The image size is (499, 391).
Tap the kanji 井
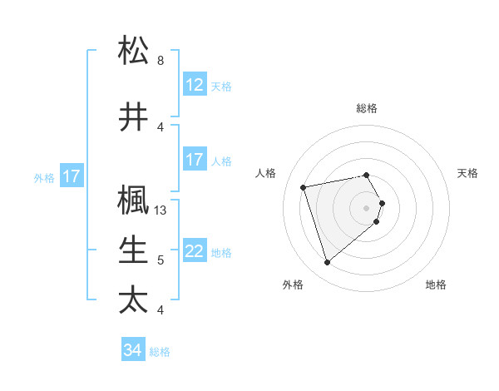(x=133, y=116)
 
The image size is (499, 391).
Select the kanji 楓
(x=133, y=200)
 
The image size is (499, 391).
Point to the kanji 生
(x=133, y=250)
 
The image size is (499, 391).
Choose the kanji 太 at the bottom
(x=133, y=299)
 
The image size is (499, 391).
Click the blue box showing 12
(x=194, y=84)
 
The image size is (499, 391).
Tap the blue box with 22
(x=194, y=251)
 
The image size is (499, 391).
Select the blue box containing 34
(x=132, y=350)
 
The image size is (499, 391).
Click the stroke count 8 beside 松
(x=161, y=61)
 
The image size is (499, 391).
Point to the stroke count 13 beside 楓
(x=162, y=210)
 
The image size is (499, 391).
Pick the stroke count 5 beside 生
(x=161, y=260)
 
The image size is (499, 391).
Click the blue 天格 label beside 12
(x=221, y=86)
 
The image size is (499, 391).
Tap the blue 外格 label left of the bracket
(x=44, y=177)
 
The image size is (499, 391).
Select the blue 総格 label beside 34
(x=160, y=352)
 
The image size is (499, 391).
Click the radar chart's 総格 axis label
(x=367, y=108)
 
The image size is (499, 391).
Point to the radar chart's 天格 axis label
(x=467, y=173)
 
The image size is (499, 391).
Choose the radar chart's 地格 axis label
(x=436, y=285)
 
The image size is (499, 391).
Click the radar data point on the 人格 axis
(x=304, y=186)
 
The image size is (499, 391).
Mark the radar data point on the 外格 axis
(x=327, y=263)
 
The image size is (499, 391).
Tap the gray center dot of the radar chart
(x=367, y=207)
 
